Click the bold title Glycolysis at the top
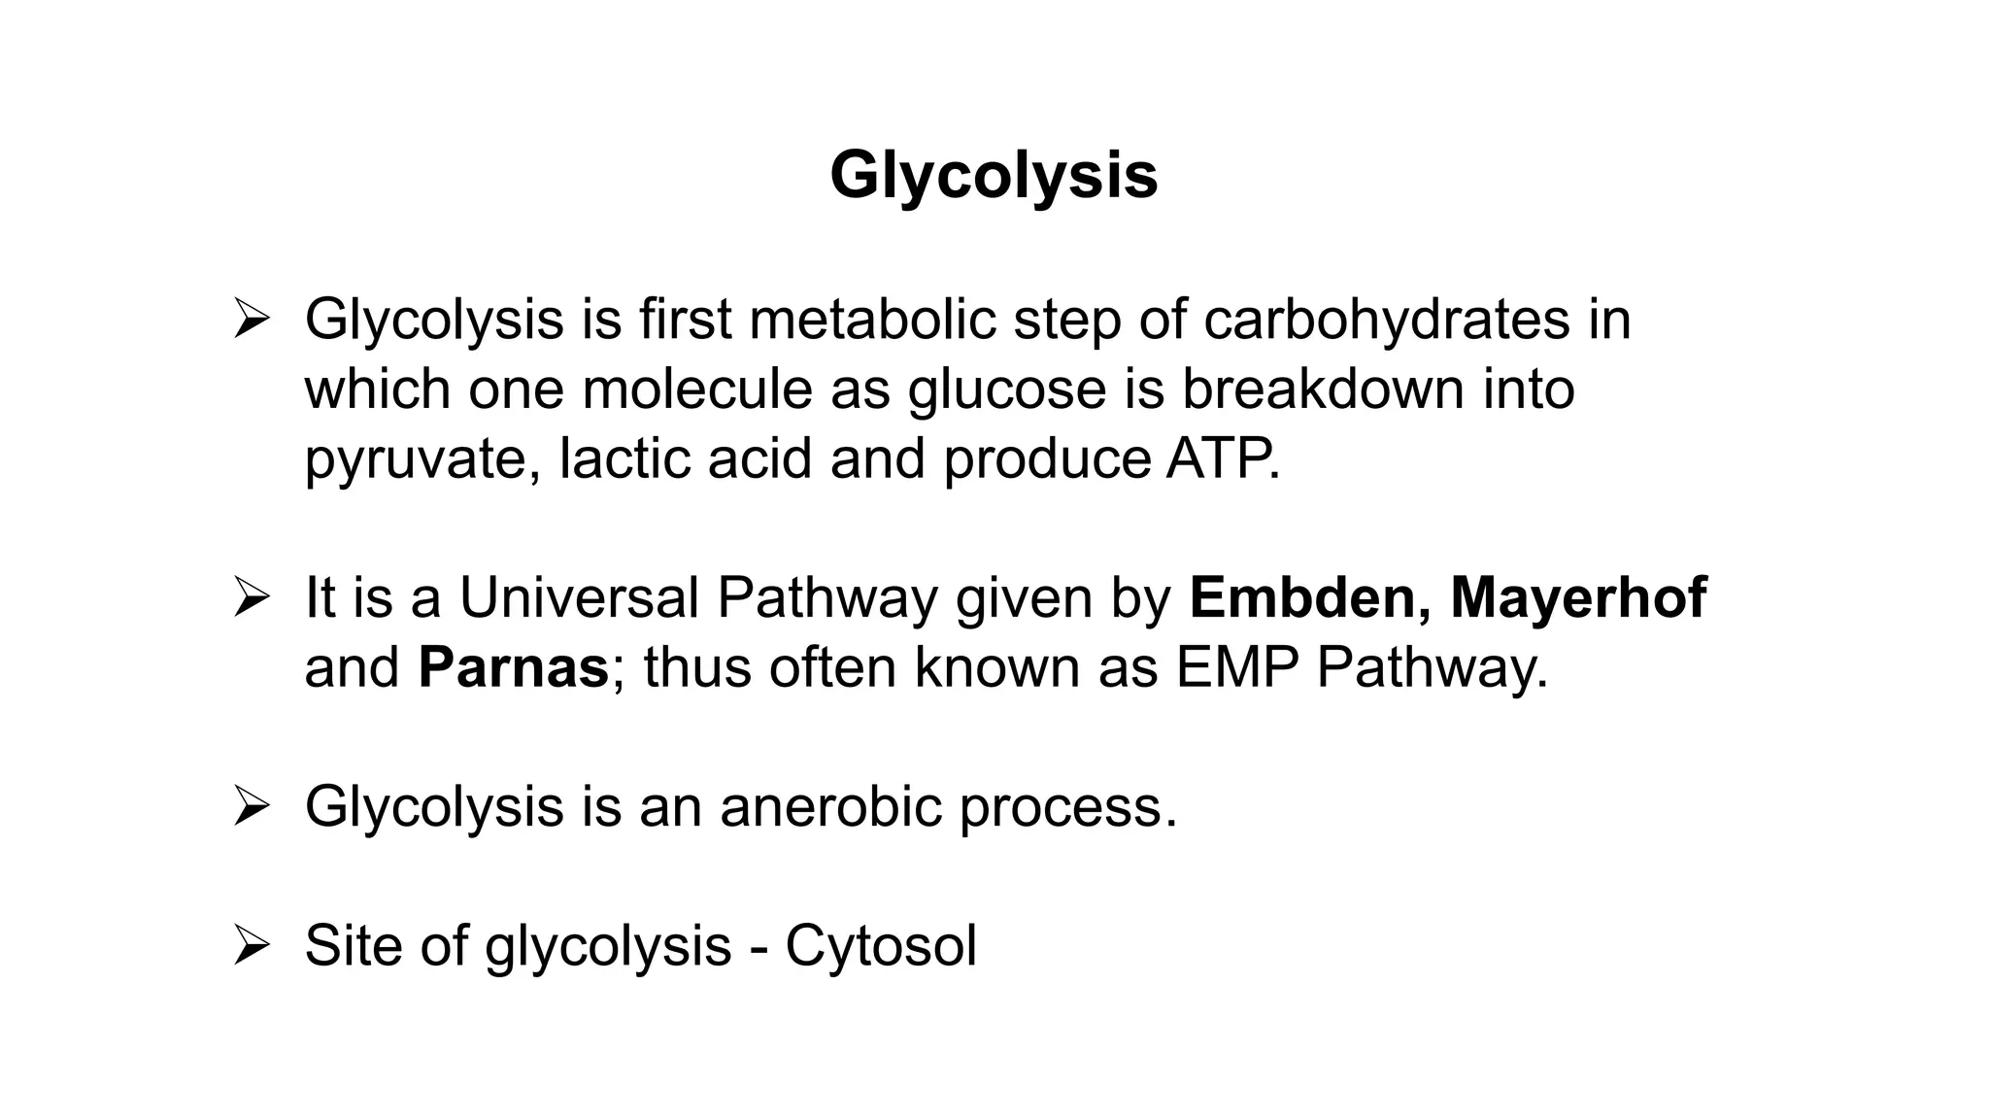click(994, 177)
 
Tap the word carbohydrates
click(1386, 319)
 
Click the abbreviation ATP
click(1222, 458)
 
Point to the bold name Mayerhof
click(1578, 598)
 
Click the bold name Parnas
click(513, 667)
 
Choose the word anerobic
click(830, 806)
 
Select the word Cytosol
click(880, 945)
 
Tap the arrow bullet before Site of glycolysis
click(251, 945)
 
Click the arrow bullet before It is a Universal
click(251, 597)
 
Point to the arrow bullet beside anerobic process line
click(251, 806)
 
